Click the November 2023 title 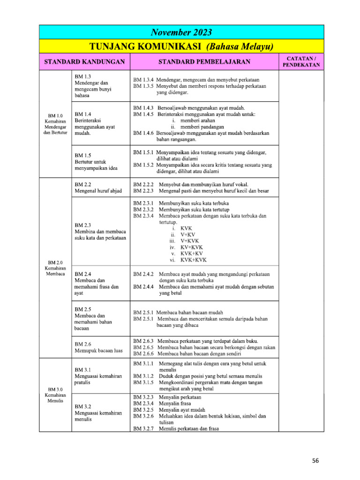point(181,32)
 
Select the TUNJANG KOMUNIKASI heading point(181,47)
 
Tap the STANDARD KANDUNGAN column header point(84,61)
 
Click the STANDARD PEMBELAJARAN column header point(204,61)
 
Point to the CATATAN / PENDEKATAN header point(301,61)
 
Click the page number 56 point(315,461)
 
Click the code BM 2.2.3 point(143,191)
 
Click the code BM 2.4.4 point(143,286)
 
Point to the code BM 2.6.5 point(143,347)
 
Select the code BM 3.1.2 point(143,376)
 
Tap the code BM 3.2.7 point(143,428)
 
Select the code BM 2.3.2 point(143,210)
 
